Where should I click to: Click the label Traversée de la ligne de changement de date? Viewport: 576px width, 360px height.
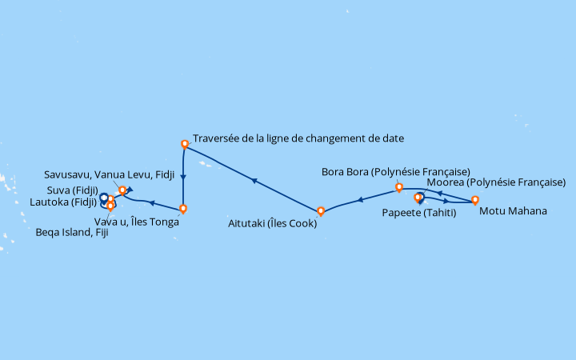pyautogui.click(x=298, y=138)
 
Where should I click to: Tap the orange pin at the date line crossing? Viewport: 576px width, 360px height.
pyautogui.click(x=185, y=144)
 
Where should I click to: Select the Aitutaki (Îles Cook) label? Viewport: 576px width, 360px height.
pyautogui.click(x=272, y=223)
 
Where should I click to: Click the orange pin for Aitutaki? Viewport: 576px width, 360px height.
pyautogui.click(x=321, y=211)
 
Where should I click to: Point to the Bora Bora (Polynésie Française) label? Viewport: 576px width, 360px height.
pyautogui.click(x=396, y=172)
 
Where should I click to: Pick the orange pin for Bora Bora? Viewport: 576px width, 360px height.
pyautogui.click(x=399, y=187)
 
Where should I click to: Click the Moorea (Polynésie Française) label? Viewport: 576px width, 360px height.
pyautogui.click(x=496, y=182)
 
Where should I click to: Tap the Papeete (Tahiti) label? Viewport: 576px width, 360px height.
pyautogui.click(x=419, y=213)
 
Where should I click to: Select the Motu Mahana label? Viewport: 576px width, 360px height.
pyautogui.click(x=513, y=211)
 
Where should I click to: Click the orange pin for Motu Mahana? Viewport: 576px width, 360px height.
pyautogui.click(x=475, y=200)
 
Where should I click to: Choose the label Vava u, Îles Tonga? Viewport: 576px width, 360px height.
pyautogui.click(x=137, y=222)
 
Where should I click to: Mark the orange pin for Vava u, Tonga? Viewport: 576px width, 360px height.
pyautogui.click(x=183, y=209)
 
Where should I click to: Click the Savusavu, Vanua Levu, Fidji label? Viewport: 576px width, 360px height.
pyautogui.click(x=109, y=174)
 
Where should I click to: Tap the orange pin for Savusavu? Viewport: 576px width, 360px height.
pyautogui.click(x=122, y=190)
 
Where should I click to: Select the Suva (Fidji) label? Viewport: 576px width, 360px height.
pyautogui.click(x=73, y=190)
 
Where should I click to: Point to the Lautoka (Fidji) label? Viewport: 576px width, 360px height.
pyautogui.click(x=63, y=202)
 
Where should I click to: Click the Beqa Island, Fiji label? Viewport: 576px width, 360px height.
pyautogui.click(x=72, y=233)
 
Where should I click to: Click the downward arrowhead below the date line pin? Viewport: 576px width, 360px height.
pyautogui.click(x=183, y=177)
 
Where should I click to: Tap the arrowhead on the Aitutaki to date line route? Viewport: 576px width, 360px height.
pyautogui.click(x=254, y=180)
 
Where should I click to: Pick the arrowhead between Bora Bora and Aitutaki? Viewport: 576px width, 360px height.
pyautogui.click(x=360, y=200)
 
